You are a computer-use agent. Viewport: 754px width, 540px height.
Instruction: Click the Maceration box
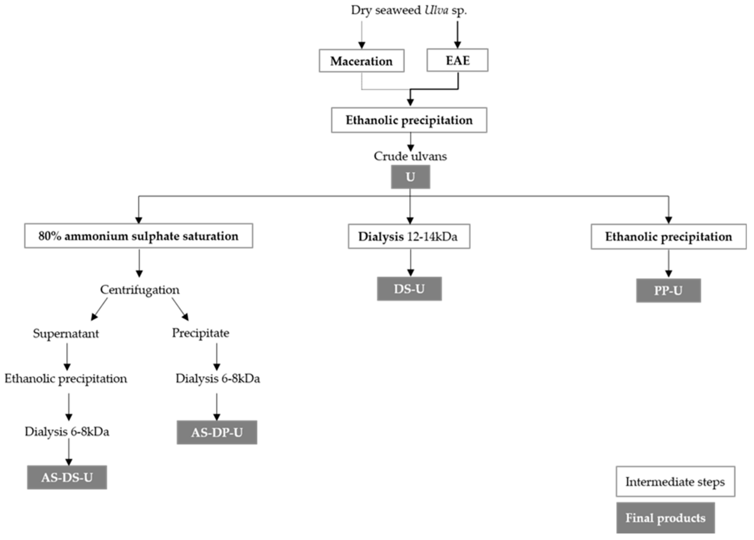click(x=361, y=61)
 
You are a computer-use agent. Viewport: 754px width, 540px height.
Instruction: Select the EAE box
click(x=457, y=60)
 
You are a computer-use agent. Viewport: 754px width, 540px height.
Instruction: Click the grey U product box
click(x=410, y=177)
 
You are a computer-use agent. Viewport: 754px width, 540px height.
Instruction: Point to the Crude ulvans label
click(x=410, y=156)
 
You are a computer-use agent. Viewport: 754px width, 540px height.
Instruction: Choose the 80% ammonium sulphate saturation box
click(x=138, y=236)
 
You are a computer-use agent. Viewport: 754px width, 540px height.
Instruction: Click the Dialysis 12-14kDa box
click(x=409, y=236)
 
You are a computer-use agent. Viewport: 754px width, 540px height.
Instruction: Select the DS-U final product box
click(x=409, y=289)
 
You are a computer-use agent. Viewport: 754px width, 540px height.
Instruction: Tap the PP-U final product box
click(x=668, y=290)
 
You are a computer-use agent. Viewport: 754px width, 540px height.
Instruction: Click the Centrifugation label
click(x=140, y=290)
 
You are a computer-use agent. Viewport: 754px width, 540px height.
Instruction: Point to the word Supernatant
click(x=66, y=333)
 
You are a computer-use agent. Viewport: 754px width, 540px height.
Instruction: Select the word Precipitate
click(x=201, y=333)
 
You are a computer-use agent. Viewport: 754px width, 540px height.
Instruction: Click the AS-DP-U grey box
click(x=217, y=432)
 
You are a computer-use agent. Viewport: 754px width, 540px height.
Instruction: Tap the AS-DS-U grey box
click(x=67, y=477)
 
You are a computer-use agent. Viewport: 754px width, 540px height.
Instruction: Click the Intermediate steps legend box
click(x=675, y=481)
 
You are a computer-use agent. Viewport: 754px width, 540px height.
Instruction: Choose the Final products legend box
click(x=665, y=518)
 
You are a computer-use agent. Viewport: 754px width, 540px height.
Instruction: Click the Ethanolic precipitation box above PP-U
click(x=668, y=236)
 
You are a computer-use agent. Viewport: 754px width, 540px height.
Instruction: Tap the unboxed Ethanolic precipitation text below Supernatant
click(x=66, y=378)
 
